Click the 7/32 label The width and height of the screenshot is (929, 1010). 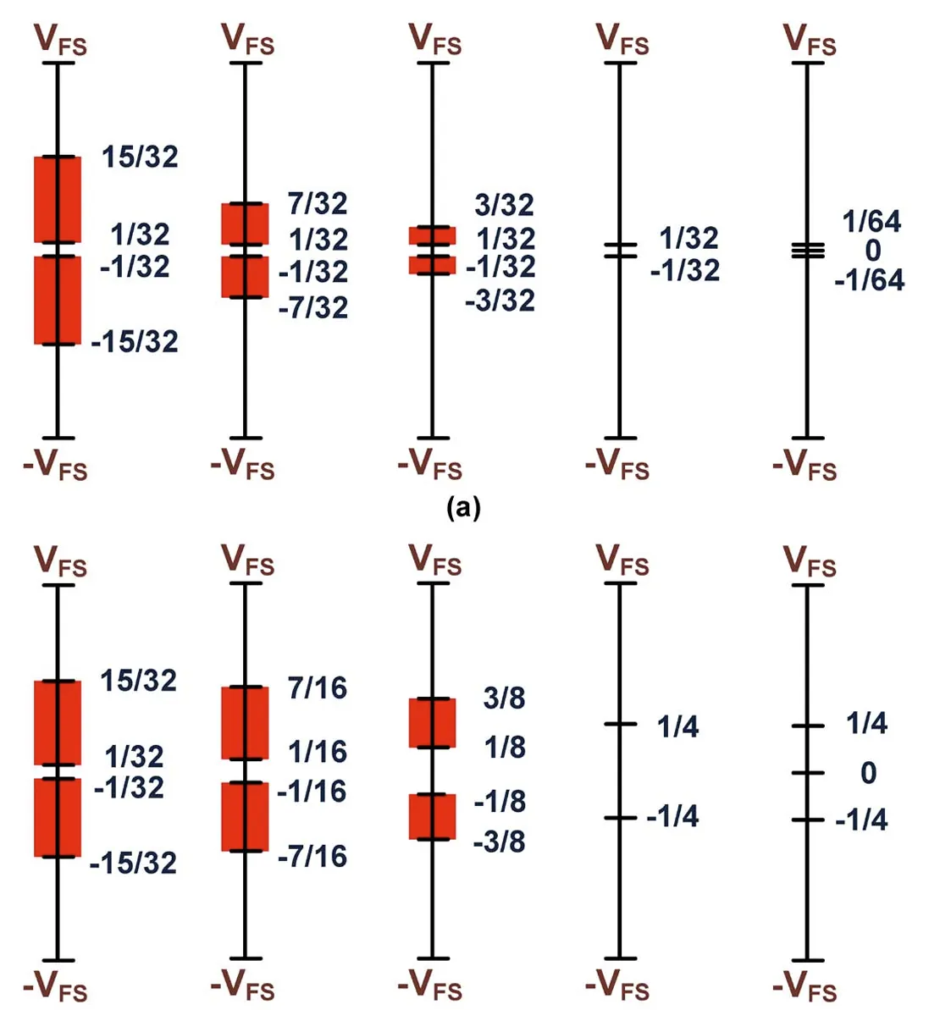pos(318,204)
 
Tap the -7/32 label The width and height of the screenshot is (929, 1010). pos(313,306)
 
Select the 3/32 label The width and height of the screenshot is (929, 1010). pos(505,205)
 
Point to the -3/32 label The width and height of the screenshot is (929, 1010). pos(500,301)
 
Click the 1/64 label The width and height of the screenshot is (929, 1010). pos(872,222)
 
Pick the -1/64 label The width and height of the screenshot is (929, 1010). pos(869,279)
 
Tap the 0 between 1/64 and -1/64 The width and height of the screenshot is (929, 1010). pos(872,251)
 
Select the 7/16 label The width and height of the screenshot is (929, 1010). pos(318,688)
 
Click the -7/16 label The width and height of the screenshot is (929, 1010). pos(312,857)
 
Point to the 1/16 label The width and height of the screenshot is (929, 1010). pos(318,752)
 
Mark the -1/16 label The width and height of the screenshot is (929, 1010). pos(312,792)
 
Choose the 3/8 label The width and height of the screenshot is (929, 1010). pos(505,698)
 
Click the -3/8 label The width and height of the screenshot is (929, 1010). pos(499,842)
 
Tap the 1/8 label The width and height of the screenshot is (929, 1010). pos(505,748)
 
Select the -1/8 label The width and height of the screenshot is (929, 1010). pos(500,801)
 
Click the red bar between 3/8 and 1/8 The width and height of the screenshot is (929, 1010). pos(432,723)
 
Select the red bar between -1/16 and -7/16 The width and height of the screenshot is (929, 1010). pos(245,816)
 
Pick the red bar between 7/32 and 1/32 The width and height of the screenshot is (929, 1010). pos(245,224)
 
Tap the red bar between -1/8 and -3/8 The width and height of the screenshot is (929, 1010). pos(432,817)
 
